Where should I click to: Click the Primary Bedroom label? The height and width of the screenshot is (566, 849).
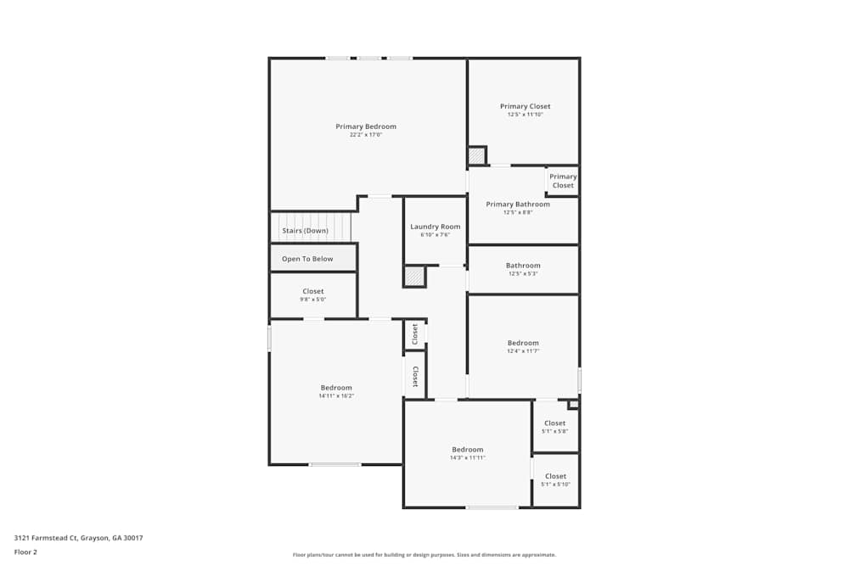[366, 126]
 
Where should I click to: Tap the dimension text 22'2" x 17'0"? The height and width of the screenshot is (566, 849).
[366, 135]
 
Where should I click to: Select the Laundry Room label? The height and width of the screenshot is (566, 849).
[436, 227]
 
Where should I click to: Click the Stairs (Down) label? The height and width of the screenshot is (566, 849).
[305, 231]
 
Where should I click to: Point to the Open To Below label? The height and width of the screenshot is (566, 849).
[307, 259]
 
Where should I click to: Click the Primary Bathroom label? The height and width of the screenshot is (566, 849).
[518, 205]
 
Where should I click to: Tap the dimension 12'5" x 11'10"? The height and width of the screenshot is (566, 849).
[526, 115]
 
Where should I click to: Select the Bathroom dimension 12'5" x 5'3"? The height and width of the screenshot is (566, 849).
[523, 273]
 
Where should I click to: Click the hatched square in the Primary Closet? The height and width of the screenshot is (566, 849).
[476, 156]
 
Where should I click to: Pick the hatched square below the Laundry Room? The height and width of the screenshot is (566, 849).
[413, 277]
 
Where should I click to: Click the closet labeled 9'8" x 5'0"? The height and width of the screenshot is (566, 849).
[313, 295]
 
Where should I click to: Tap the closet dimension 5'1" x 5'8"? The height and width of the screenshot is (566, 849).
[555, 431]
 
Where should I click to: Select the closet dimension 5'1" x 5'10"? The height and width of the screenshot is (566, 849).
[555, 485]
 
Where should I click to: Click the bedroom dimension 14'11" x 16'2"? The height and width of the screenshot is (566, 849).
[336, 395]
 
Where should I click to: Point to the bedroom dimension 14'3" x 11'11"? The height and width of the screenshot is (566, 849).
[468, 457]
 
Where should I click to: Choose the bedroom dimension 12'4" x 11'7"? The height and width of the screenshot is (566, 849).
[523, 350]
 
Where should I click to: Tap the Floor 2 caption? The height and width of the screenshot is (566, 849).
[25, 552]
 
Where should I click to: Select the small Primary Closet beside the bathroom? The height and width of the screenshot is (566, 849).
[563, 181]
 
